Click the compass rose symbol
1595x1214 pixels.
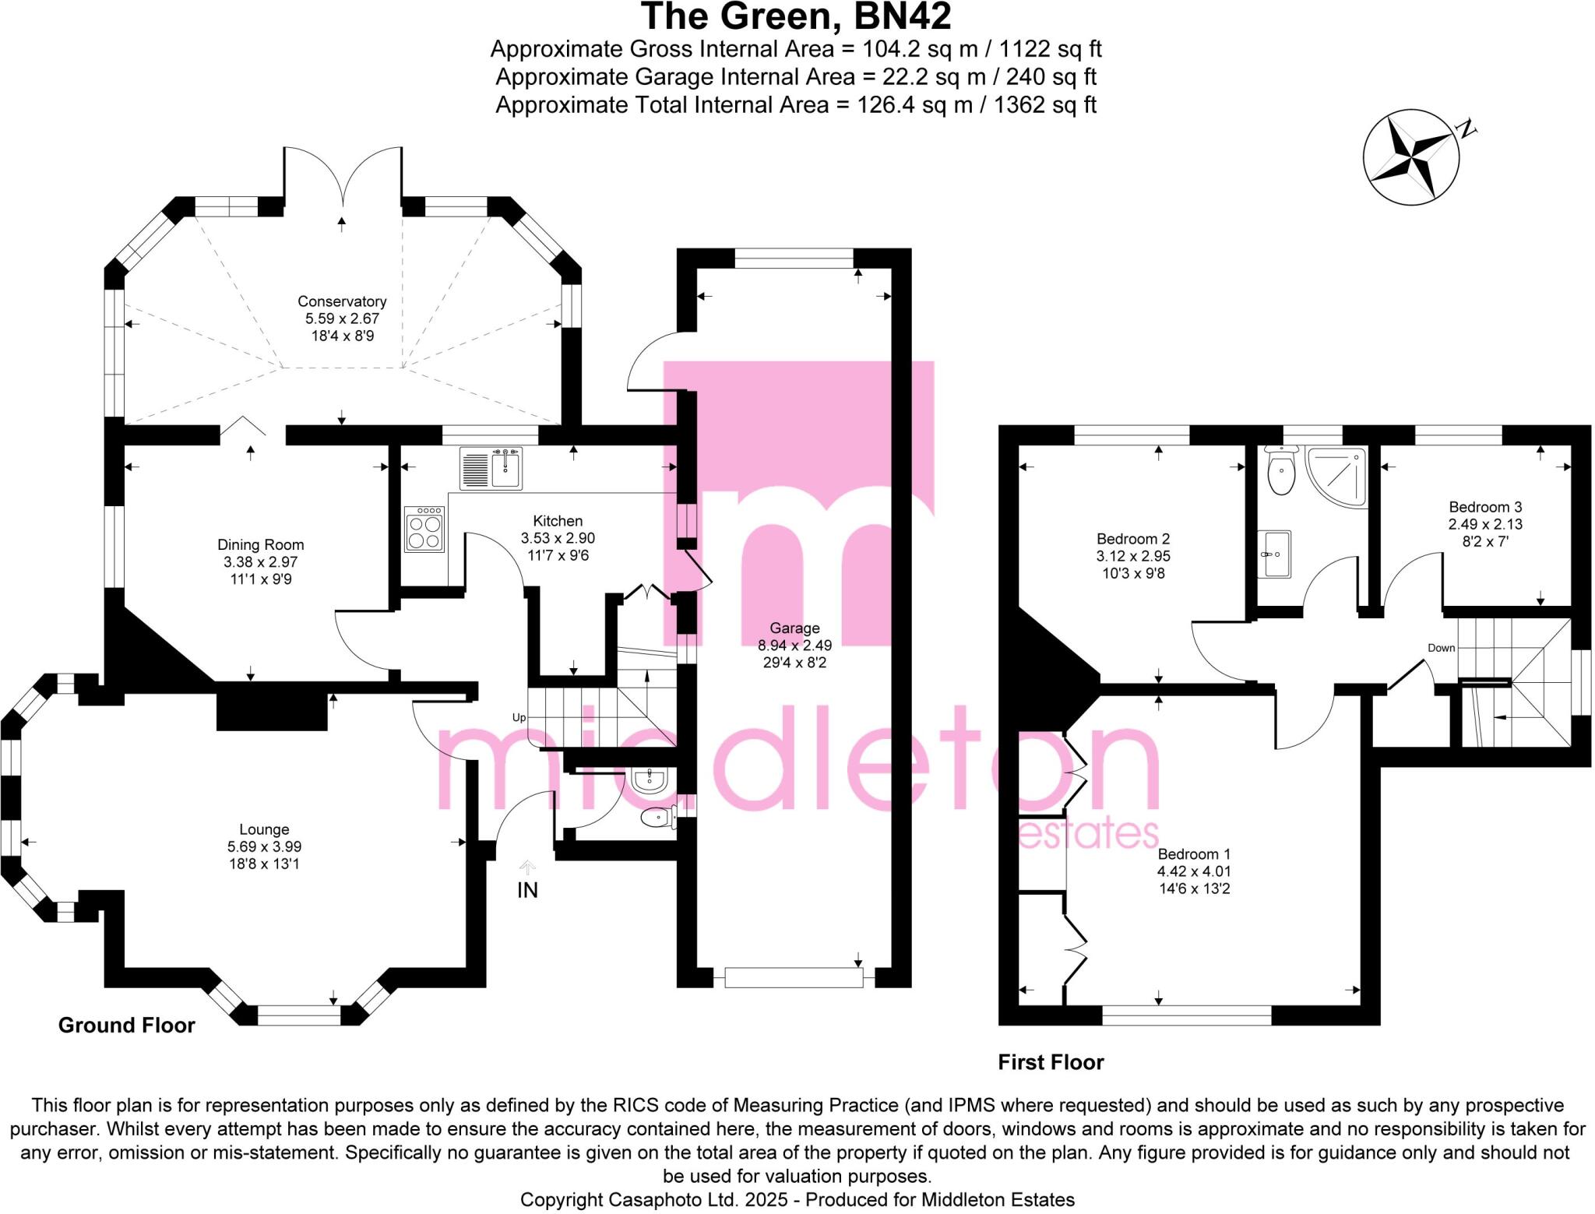[1410, 158]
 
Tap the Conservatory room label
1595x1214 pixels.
[342, 301]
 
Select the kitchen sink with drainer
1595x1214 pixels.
[491, 468]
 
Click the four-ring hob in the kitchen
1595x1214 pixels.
[424, 530]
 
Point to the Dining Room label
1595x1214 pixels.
[260, 545]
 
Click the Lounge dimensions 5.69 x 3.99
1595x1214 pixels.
[264, 846]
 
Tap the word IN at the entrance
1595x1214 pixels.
[527, 890]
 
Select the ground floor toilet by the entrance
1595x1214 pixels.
[657, 817]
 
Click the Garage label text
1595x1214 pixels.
[794, 628]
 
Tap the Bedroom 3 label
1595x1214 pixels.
[1485, 507]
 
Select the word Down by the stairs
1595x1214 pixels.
[1441, 648]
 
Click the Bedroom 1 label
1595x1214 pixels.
[1194, 854]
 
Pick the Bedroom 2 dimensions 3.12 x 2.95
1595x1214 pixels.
[1133, 556]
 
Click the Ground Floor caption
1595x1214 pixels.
[126, 1026]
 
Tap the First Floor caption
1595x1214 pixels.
[1051, 1062]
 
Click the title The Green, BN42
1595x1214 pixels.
[795, 17]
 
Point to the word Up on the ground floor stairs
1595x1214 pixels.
[519, 717]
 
